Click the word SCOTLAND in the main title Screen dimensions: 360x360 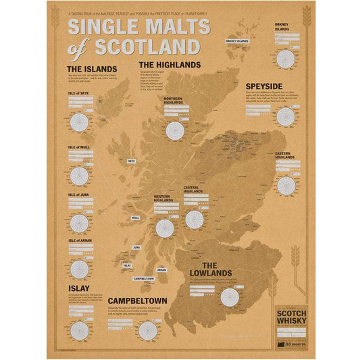148,47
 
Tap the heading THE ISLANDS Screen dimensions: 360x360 92,69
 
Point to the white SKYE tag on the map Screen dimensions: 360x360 131,161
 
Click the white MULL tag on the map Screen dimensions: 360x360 135,218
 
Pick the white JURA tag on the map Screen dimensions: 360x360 136,247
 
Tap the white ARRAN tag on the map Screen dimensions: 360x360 161,269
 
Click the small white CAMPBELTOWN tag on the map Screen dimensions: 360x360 144,278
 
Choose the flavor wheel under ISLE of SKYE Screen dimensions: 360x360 79,122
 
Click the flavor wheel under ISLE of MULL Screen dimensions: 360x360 79,176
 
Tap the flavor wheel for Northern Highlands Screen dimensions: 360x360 175,130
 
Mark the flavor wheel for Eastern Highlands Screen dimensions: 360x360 286,184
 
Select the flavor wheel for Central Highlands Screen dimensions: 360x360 195,219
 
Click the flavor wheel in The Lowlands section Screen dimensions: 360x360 229,297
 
